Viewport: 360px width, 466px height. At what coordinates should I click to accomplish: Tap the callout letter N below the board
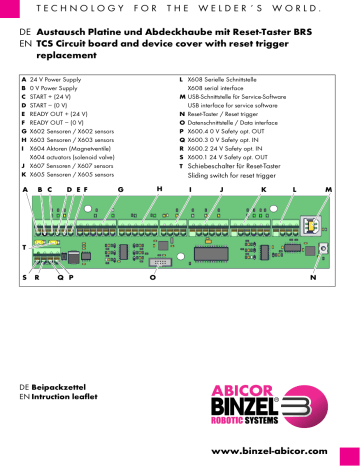click(x=313, y=277)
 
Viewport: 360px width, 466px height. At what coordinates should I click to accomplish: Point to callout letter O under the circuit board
click(x=152, y=277)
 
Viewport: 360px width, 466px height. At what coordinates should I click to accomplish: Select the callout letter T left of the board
click(x=24, y=246)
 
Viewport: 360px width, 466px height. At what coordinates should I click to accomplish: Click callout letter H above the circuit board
click(x=159, y=188)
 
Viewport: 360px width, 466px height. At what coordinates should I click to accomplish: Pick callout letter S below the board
click(x=24, y=277)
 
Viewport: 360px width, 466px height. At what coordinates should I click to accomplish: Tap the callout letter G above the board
click(x=120, y=188)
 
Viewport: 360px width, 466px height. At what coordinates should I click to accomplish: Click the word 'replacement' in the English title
click(x=69, y=58)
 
